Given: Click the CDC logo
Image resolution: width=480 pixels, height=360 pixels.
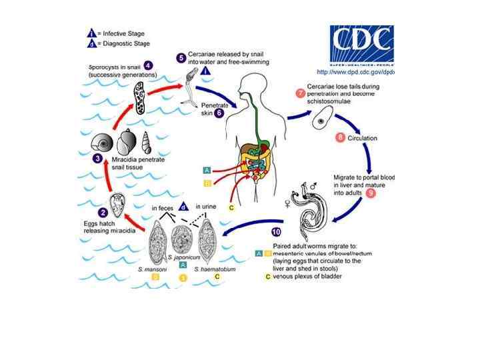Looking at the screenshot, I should (x=361, y=45).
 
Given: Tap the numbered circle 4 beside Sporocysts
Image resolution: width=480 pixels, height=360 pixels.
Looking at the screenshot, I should (x=147, y=65).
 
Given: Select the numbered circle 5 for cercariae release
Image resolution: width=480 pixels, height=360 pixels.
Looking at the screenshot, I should (x=181, y=58).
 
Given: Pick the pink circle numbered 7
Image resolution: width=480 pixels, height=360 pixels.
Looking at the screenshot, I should (x=301, y=93).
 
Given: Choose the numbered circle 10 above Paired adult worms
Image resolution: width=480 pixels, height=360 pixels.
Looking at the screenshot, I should (x=276, y=232).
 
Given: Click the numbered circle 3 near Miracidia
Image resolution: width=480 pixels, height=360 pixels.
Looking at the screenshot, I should (x=97, y=159).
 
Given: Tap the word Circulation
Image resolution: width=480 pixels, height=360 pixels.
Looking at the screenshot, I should (x=363, y=139).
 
